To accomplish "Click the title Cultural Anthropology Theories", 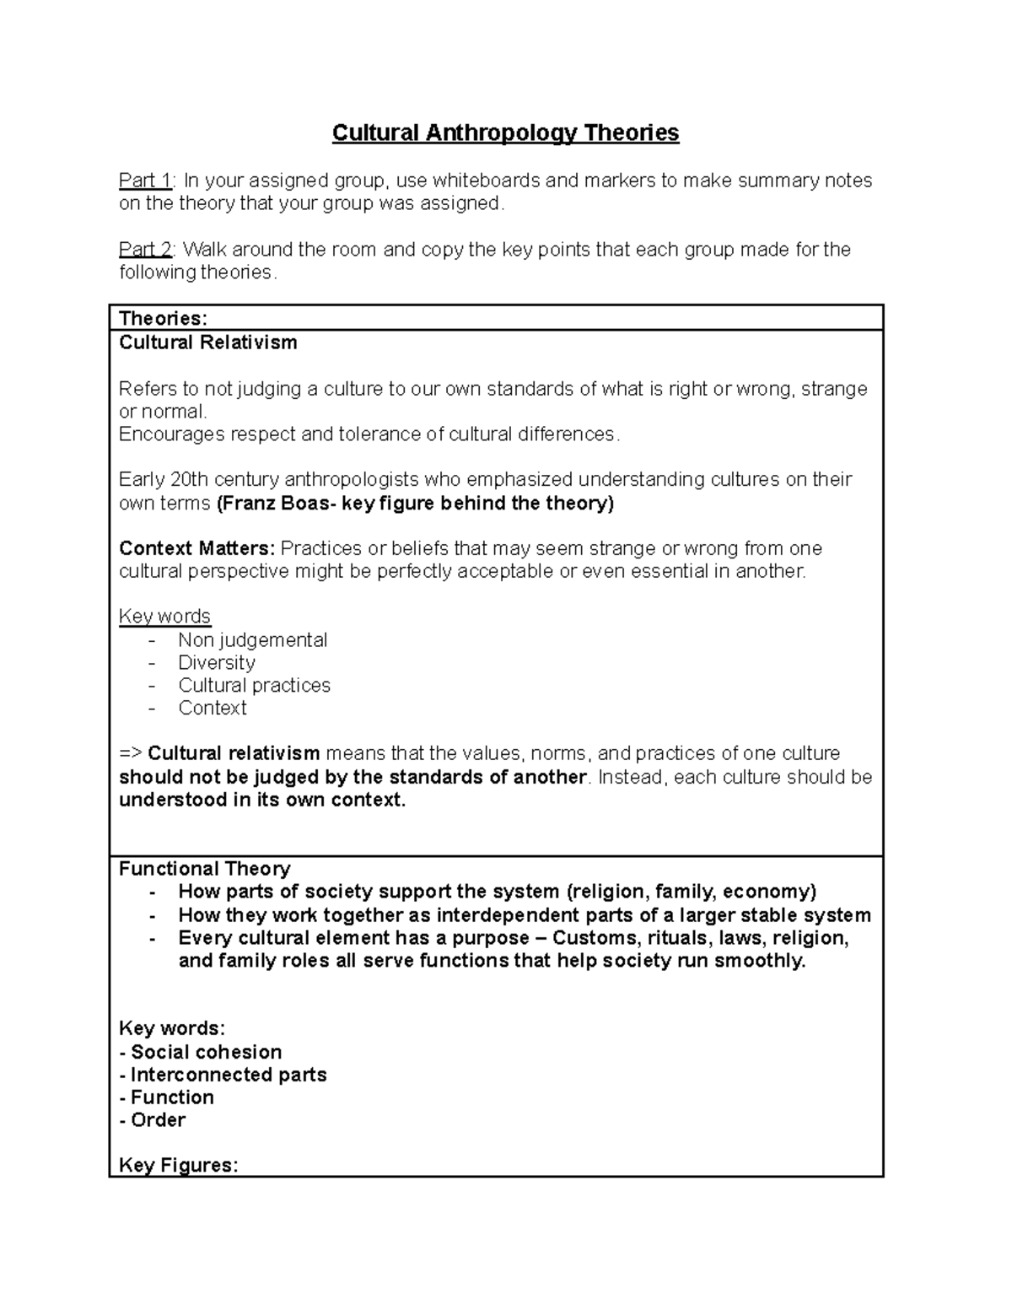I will tap(505, 133).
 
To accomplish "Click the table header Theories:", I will tap(163, 318).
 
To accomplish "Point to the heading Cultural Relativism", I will tap(207, 342).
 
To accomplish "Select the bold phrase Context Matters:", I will tap(196, 548).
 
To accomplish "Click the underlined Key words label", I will tap(164, 617).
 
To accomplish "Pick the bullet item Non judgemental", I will tap(252, 640).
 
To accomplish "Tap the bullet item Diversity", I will tap(217, 663).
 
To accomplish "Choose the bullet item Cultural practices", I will tap(254, 686).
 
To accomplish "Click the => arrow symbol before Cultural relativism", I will tap(131, 753).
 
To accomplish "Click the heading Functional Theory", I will tap(204, 869).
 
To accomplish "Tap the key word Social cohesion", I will tap(206, 1052).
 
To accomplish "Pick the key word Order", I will tap(158, 1120).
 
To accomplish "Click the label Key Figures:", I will tap(178, 1166).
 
